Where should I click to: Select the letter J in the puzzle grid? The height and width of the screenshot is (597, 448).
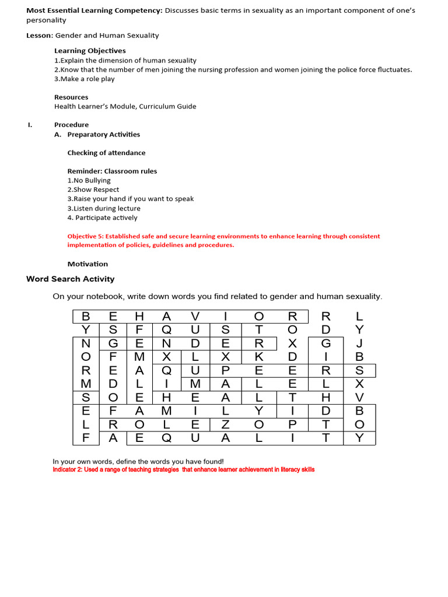(x=359, y=342)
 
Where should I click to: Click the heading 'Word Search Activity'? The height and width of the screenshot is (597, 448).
(x=71, y=279)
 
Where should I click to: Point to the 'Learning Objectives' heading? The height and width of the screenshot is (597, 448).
(x=90, y=51)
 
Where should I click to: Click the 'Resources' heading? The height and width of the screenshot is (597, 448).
(x=71, y=97)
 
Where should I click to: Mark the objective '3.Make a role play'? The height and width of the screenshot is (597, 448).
(x=84, y=79)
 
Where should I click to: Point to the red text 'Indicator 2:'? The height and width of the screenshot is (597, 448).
(x=71, y=469)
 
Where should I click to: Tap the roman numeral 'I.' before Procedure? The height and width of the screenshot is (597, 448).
(x=29, y=125)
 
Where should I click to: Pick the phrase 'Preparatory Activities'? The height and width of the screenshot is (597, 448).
(x=103, y=134)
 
